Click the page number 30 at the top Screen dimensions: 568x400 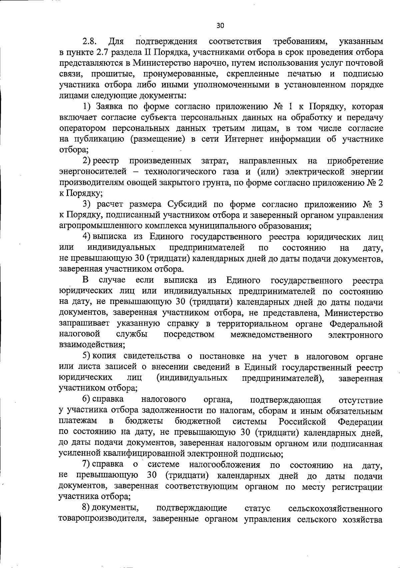point(220,26)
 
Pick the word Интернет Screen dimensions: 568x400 point(244,139)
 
